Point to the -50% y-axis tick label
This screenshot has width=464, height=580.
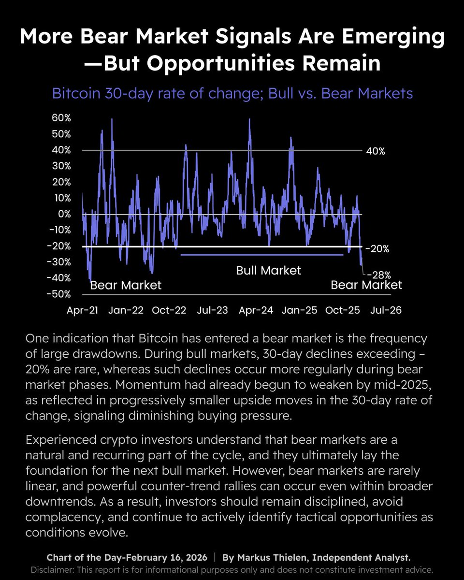60,294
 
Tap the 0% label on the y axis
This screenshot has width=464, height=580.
64,214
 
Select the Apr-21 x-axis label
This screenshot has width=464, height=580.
82,310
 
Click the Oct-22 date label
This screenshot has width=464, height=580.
169,310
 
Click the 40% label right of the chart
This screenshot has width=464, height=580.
376,151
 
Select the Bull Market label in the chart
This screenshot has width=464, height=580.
268,270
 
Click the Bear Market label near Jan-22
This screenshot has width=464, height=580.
126,285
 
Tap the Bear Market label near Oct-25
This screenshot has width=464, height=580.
366,285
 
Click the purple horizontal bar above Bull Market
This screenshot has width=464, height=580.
261,254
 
